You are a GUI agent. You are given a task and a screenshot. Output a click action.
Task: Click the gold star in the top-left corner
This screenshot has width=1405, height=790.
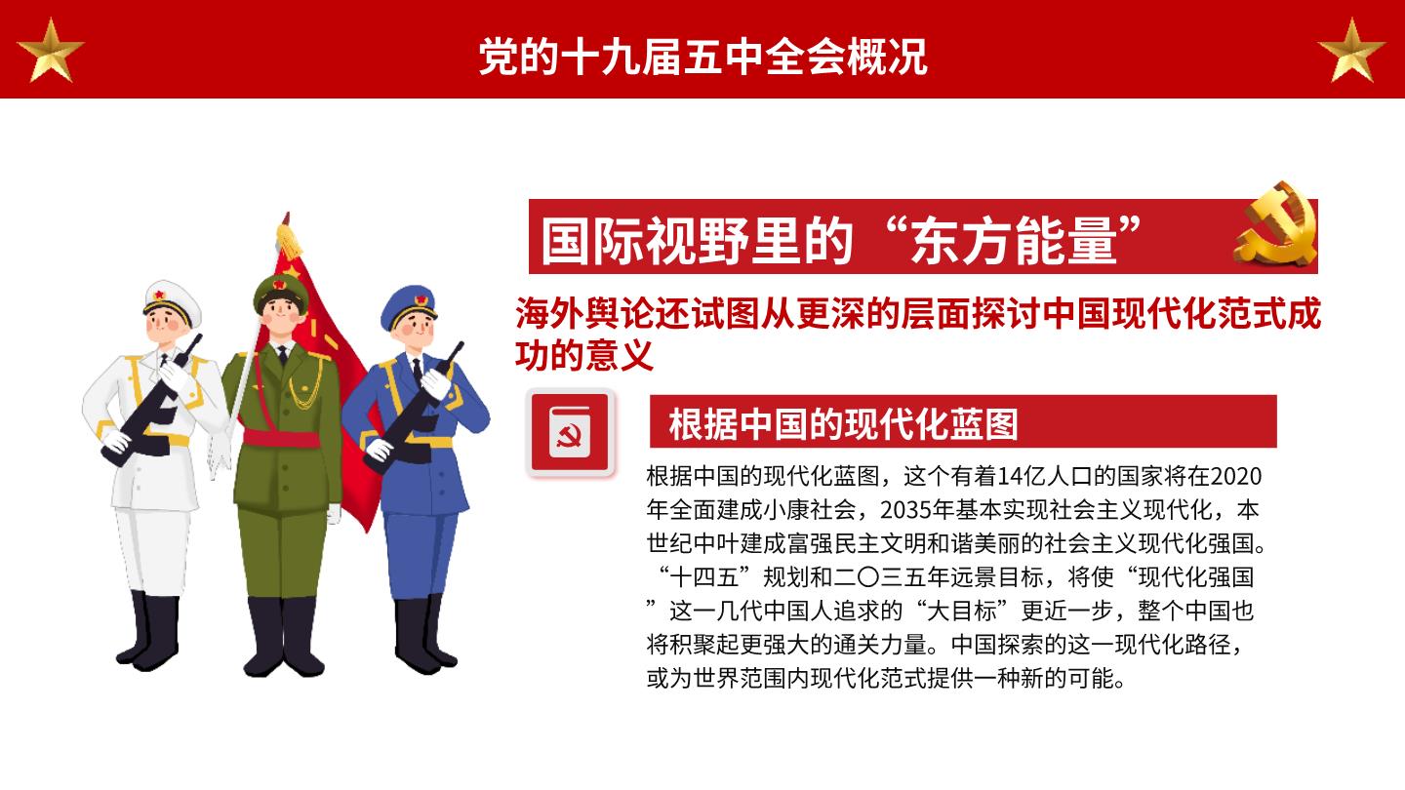tap(50, 52)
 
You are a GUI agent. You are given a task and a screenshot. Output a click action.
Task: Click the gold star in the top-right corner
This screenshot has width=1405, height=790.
tap(1351, 52)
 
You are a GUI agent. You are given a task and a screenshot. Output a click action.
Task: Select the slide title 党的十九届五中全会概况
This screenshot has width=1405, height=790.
tap(702, 57)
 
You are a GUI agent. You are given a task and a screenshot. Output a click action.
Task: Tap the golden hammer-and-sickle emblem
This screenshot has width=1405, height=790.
tap(1276, 224)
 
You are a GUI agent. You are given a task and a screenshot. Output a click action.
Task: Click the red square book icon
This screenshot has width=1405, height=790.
tap(570, 432)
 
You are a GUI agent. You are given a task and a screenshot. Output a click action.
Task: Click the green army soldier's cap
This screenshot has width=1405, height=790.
tap(281, 292)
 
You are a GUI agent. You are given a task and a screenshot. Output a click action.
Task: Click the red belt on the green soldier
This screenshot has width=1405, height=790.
tap(281, 437)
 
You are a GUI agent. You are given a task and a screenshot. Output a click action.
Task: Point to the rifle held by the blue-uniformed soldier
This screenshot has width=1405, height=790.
tap(415, 408)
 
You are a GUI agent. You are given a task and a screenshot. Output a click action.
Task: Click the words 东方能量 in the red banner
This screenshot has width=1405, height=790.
tap(1013, 241)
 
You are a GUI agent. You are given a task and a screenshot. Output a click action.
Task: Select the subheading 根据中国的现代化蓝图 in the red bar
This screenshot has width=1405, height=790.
tap(843, 424)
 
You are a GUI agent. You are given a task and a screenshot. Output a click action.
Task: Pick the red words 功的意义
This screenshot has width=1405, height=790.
tap(584, 355)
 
